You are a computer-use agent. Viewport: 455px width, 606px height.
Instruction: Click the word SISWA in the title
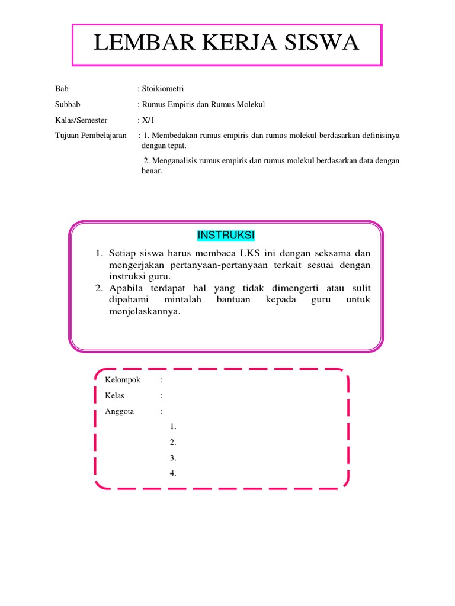316,43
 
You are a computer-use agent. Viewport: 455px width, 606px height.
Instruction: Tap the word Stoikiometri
162,89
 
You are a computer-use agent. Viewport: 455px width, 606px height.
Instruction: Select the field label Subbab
68,105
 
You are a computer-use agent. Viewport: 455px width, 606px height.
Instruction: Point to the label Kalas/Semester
81,120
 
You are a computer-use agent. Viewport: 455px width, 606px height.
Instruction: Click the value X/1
148,120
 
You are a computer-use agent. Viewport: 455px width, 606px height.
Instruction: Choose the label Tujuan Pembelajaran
91,136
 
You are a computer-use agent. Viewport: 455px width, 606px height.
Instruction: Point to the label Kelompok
123,380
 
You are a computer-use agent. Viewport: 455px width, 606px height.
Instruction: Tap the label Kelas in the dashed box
115,396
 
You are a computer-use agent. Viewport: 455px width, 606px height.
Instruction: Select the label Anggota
120,411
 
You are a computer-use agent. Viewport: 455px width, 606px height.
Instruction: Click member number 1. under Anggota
173,427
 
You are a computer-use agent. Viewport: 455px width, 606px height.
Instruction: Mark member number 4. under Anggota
173,473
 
